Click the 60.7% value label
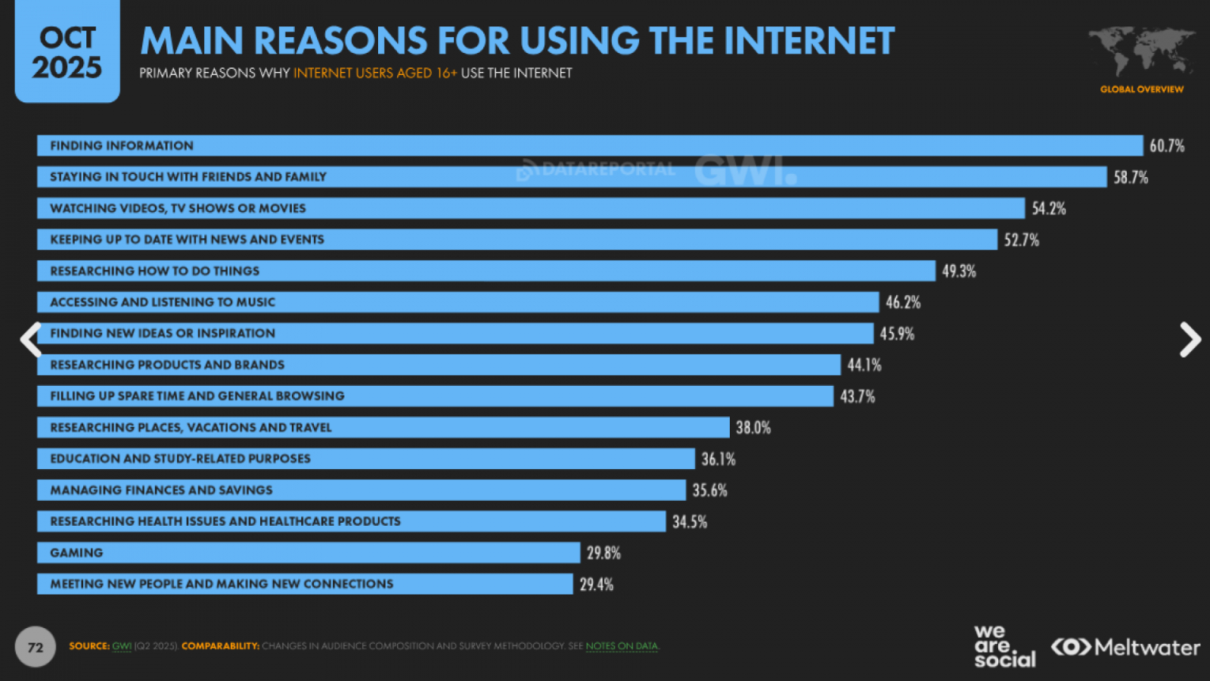click(x=1167, y=146)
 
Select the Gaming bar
click(x=309, y=553)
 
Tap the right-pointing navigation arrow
click(x=1190, y=340)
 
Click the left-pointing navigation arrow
click(x=30, y=340)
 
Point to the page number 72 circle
click(x=36, y=647)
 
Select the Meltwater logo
click(x=1125, y=648)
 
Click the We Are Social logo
click(x=1004, y=646)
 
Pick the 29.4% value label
click(x=597, y=585)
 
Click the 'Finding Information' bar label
click(x=122, y=146)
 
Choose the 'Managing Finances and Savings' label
click(x=161, y=490)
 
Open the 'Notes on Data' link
click(x=622, y=646)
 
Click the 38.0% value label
click(x=753, y=428)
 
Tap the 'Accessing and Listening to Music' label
click(x=163, y=303)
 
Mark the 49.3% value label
click(x=959, y=272)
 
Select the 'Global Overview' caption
click(x=1141, y=89)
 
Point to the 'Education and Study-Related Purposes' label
click(x=180, y=459)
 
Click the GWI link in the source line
click(x=121, y=646)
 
